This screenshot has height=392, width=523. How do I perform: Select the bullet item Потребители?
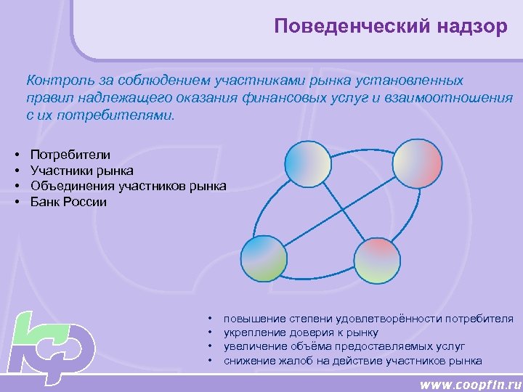click(x=70, y=155)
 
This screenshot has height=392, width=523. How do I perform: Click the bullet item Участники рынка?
click(x=81, y=171)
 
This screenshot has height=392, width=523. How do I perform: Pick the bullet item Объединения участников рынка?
click(x=128, y=187)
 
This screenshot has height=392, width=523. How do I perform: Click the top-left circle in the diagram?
click(x=308, y=164)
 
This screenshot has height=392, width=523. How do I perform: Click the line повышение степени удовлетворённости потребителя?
click(x=368, y=319)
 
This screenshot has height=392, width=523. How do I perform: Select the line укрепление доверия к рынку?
click(x=301, y=332)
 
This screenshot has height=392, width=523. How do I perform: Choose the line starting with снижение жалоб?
click(x=352, y=360)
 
